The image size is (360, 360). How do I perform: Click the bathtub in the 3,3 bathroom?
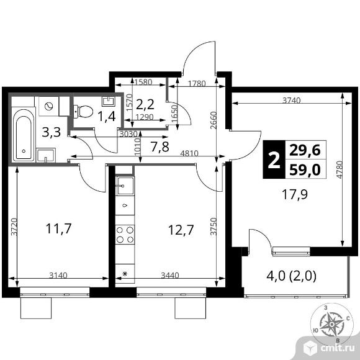point(24,135)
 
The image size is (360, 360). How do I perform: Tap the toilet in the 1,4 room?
point(83,112)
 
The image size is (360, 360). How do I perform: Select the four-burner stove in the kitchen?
point(125,235)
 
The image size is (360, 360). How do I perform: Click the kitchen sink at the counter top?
point(125,186)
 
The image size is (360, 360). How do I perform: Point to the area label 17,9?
point(295,194)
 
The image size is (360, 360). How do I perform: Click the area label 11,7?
point(59,228)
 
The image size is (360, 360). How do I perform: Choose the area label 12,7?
point(181,230)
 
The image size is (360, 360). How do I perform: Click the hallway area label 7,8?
point(160,147)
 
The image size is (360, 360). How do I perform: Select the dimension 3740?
point(291,101)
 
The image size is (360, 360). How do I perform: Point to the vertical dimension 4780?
point(340,169)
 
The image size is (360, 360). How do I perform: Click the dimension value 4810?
point(189,153)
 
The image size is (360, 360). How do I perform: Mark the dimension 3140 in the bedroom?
point(58,275)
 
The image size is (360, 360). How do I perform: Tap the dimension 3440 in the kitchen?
point(170,275)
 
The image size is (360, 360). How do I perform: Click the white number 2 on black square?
point(274,160)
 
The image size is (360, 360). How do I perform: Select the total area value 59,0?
point(305,170)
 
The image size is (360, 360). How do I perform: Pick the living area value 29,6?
point(305,151)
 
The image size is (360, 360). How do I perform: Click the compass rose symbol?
point(332,324)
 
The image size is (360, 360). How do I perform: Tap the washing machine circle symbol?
point(50,106)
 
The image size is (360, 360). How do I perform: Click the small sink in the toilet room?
point(109,101)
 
